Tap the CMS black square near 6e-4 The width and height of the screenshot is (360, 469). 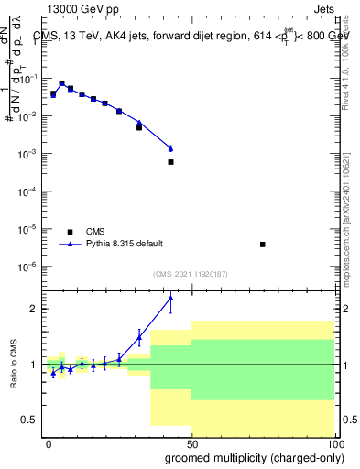point(170,162)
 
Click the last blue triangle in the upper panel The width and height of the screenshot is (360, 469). point(170,148)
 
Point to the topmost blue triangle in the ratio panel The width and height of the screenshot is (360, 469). point(170,298)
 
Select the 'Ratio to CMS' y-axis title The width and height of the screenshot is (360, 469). point(15,364)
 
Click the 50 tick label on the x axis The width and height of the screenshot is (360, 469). point(191,442)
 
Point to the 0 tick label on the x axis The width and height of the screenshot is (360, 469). point(49,442)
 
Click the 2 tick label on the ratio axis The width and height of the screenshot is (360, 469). point(33,309)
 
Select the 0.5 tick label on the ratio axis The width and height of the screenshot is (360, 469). point(30,420)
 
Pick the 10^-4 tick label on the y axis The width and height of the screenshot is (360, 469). point(27,191)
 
